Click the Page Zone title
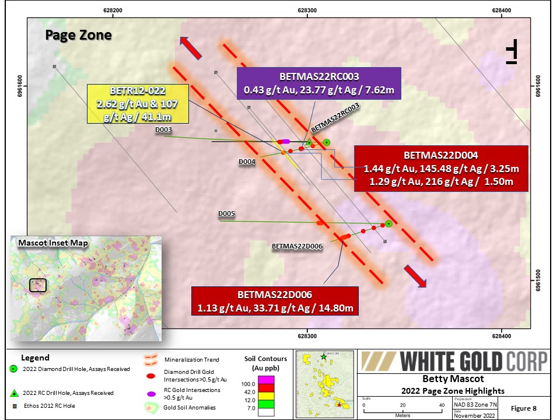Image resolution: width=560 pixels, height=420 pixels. pos(78,35)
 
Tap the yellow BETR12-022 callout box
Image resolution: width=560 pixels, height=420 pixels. pos(138,103)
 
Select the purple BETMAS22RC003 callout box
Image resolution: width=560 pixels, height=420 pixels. pos(318,84)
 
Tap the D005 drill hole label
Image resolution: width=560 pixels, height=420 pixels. pos(226,214)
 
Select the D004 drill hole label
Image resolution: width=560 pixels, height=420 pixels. pos(247,162)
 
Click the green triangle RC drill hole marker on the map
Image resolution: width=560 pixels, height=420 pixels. pos(309,142)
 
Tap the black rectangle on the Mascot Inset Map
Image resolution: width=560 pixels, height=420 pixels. pos(38,285)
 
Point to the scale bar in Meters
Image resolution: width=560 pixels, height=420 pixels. pos(402,409)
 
